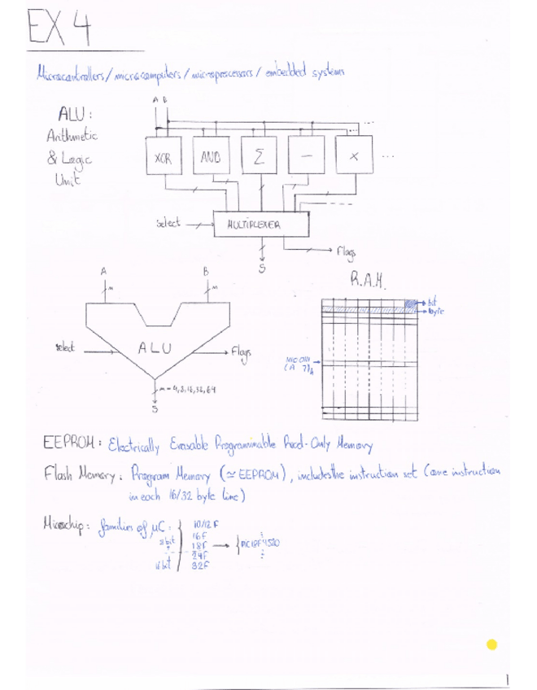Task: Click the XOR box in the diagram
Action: (x=162, y=159)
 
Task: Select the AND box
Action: (x=212, y=159)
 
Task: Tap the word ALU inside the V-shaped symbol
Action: (x=154, y=348)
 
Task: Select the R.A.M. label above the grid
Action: (x=372, y=282)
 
